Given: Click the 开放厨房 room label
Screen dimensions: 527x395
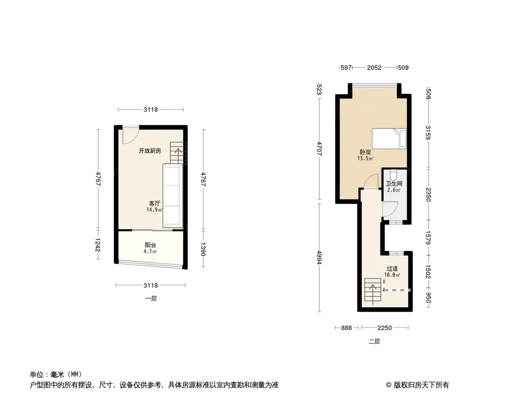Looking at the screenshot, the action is click(150, 151).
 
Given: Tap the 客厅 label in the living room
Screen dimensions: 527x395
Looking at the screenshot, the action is click(155, 203).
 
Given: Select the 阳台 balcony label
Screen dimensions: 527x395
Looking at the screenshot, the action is click(151, 245).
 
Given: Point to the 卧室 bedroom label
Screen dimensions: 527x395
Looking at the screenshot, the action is click(365, 152).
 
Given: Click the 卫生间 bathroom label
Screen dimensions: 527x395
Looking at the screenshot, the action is click(394, 184).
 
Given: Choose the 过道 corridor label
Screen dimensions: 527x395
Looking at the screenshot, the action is click(392, 269).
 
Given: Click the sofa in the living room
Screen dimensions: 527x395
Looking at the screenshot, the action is click(173, 196).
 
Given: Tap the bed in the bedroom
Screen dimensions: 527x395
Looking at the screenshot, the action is click(389, 138).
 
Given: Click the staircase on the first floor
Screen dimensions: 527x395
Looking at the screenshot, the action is click(178, 153).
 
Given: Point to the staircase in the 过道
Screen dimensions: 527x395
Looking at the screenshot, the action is click(373, 290).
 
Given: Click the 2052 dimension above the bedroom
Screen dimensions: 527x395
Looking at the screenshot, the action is click(374, 68).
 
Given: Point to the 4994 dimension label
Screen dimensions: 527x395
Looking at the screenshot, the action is click(319, 257).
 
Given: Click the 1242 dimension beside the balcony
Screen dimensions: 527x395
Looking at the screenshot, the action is click(98, 244).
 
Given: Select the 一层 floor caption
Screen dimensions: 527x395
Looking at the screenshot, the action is click(151, 298).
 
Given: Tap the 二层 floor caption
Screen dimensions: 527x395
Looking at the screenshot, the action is click(374, 341).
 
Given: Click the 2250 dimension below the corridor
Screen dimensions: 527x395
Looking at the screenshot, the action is click(385, 328).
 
